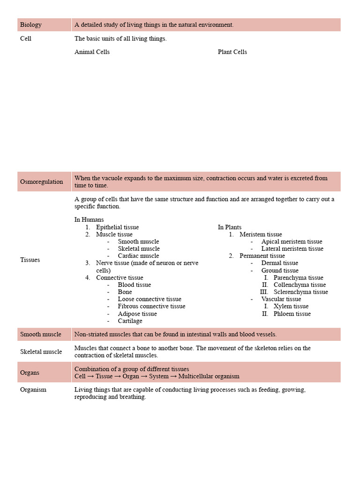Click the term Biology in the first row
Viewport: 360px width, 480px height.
31,25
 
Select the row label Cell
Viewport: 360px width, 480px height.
26,38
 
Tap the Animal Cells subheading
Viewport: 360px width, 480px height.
92,52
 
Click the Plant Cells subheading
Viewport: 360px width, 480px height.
232,52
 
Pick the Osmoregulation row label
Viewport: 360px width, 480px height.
41,182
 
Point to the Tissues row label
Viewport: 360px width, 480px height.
30,260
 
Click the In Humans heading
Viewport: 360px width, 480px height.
89,219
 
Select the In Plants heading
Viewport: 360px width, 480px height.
230,227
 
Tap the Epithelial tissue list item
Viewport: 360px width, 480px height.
117,227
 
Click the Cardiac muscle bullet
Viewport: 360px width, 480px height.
138,256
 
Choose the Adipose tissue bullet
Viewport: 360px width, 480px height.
137,314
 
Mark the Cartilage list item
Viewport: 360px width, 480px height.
130,321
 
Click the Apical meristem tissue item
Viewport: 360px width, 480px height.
292,242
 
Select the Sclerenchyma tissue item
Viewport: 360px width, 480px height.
300,292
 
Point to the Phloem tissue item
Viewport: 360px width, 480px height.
292,314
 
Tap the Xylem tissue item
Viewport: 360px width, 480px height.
291,307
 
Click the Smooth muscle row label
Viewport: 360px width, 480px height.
41,335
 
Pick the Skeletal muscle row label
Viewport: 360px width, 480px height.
41,352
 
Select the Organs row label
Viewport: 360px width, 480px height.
30,373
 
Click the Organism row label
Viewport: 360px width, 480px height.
33,390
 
